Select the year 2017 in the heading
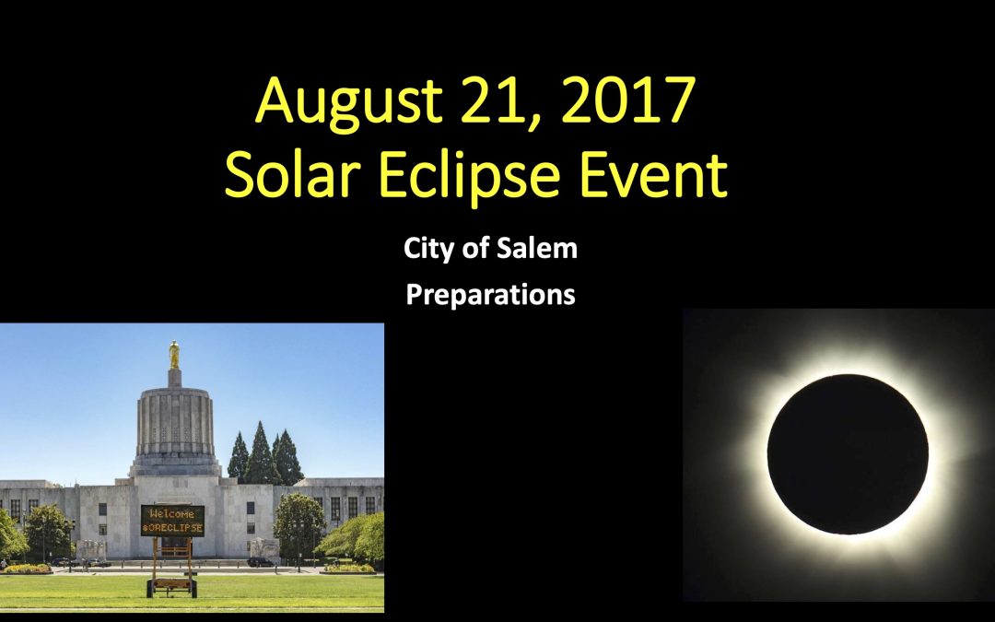tap(628, 100)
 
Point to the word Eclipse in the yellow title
tap(469, 176)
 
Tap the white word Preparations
tap(490, 295)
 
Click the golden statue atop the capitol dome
tap(174, 356)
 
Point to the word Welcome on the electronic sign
tap(172, 513)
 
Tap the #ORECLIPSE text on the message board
tap(172, 527)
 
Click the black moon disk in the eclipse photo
tap(848, 453)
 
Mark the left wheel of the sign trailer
tap(150, 589)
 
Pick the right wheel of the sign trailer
tap(193, 589)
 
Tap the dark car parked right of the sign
tap(261, 562)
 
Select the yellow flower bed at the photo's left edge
tap(26, 569)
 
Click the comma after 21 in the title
tap(532, 124)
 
